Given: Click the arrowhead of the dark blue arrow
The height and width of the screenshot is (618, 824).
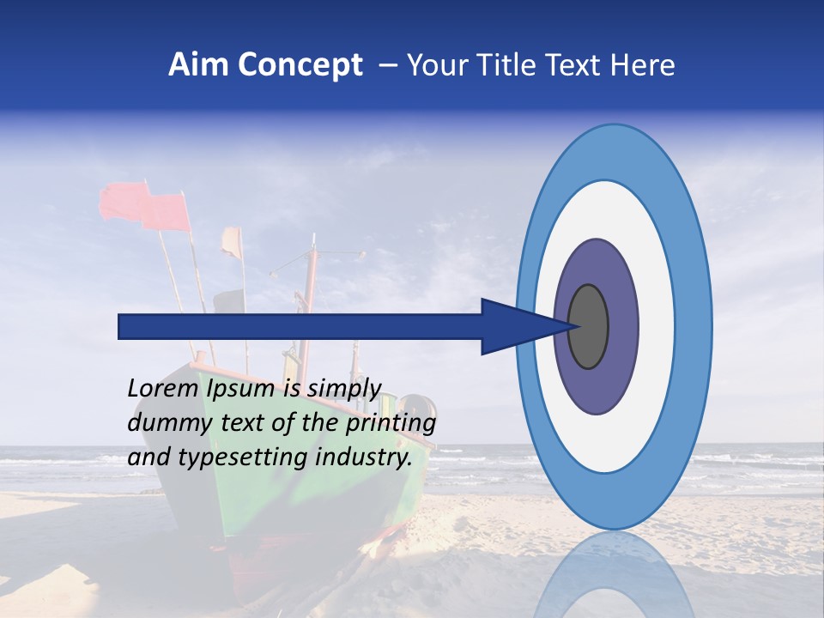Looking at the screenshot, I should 515,327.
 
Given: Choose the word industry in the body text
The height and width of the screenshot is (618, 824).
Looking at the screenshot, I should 369,457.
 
